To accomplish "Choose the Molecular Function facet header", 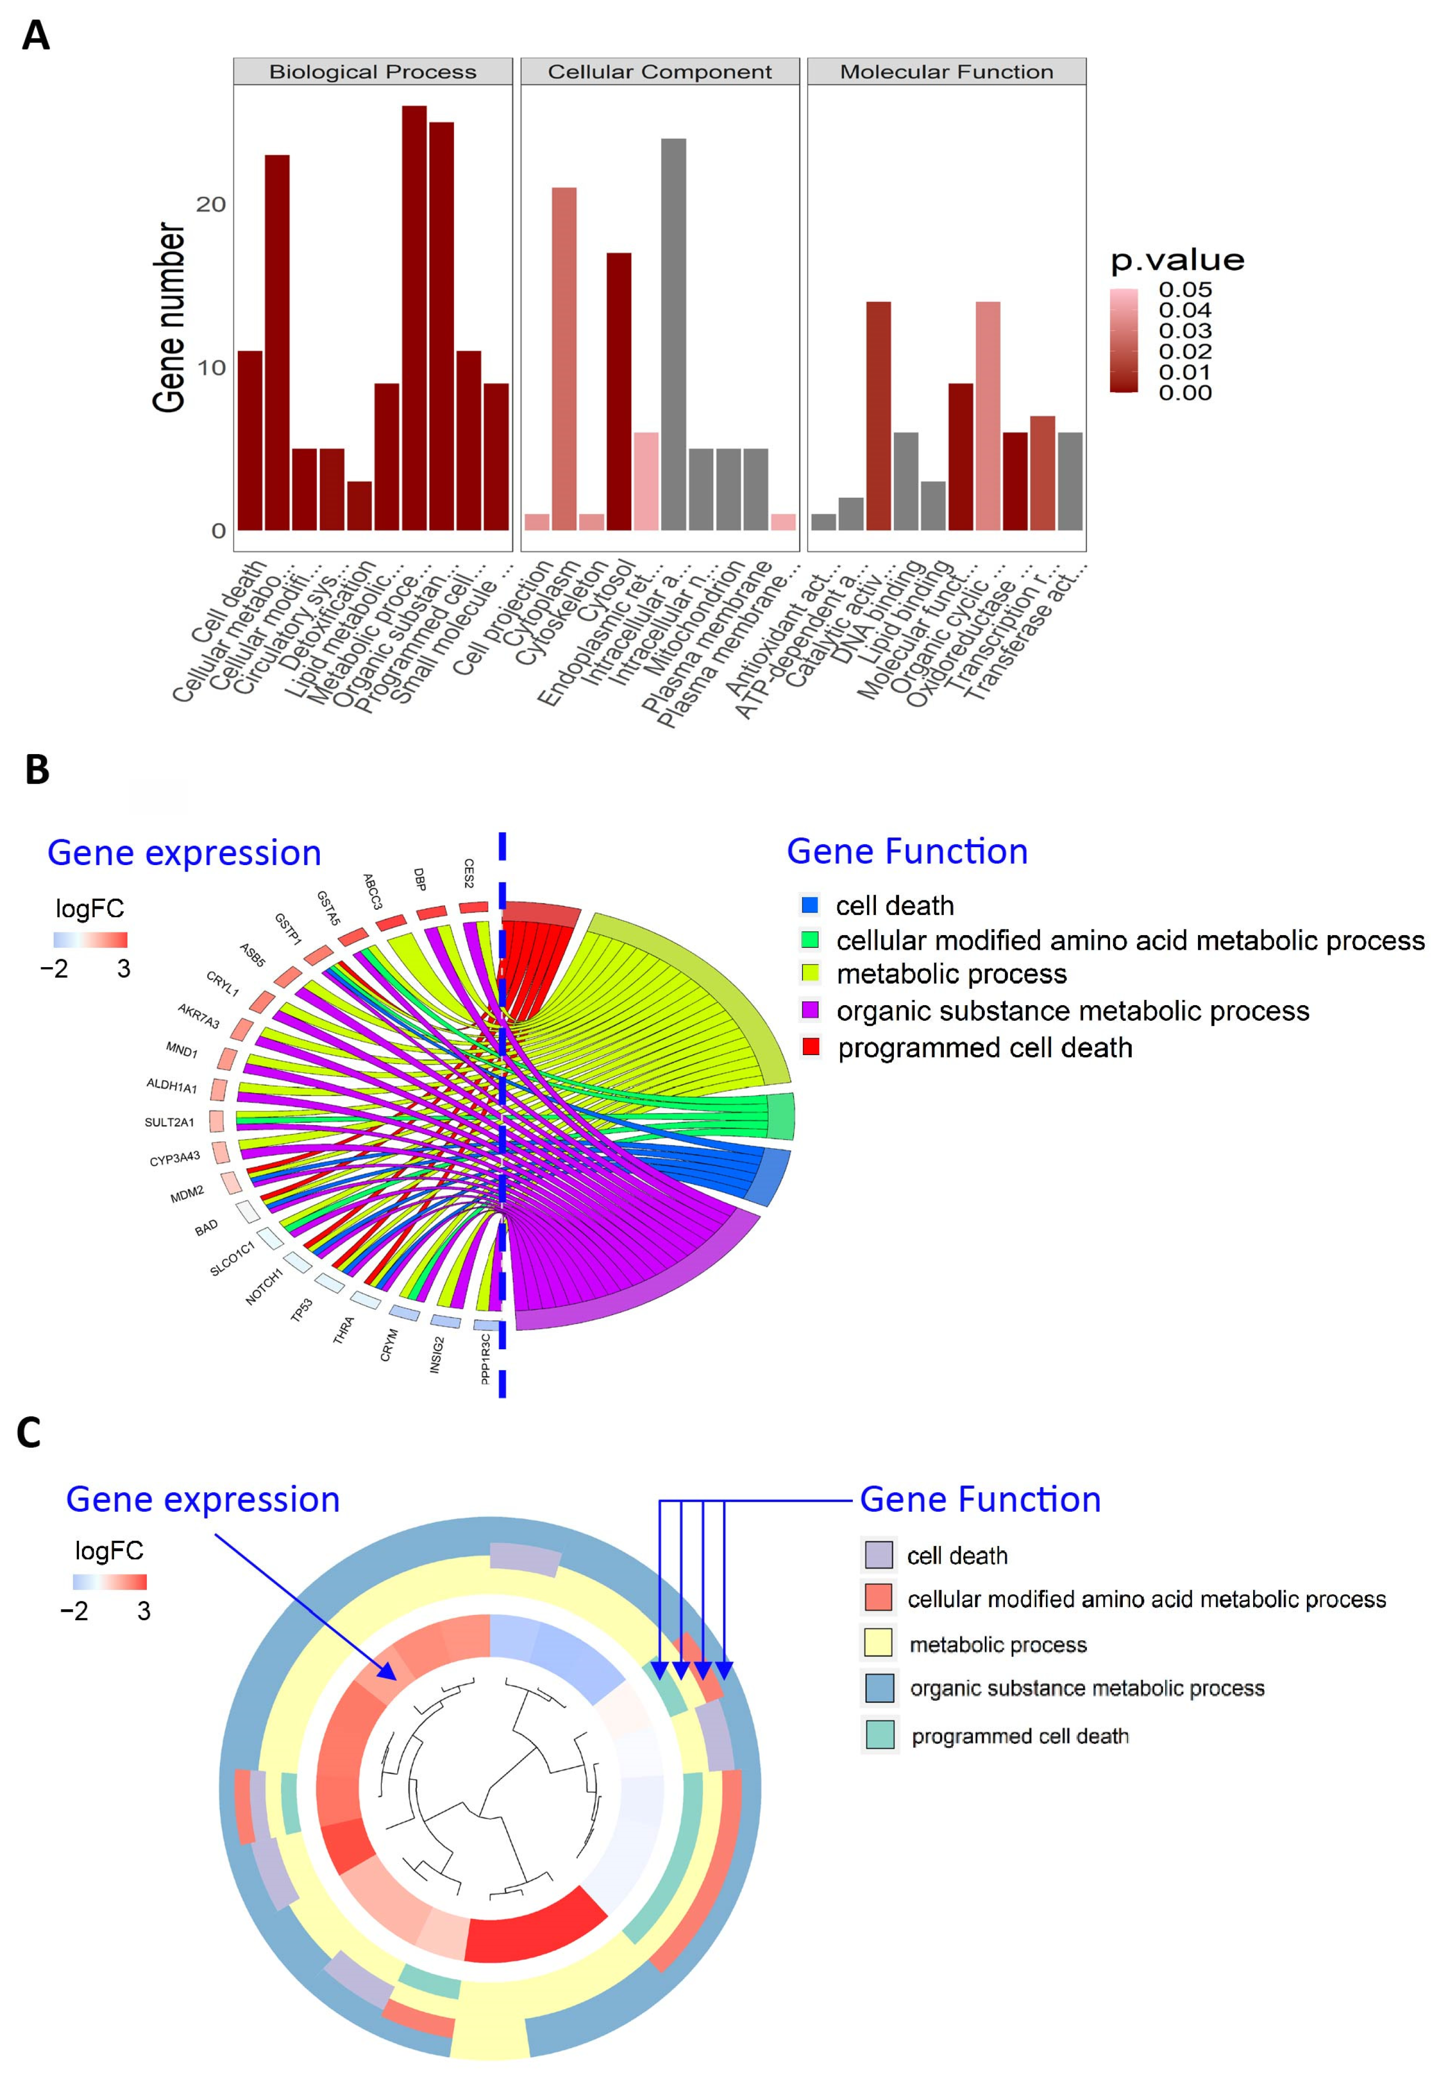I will [946, 72].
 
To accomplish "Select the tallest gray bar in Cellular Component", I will [673, 334].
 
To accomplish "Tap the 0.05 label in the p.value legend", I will [1185, 290].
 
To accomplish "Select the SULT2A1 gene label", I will [170, 1122].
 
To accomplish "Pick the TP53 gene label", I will [301, 1309].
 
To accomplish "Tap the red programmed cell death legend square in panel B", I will [811, 1047].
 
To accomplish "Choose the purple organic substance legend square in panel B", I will [810, 1010].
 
